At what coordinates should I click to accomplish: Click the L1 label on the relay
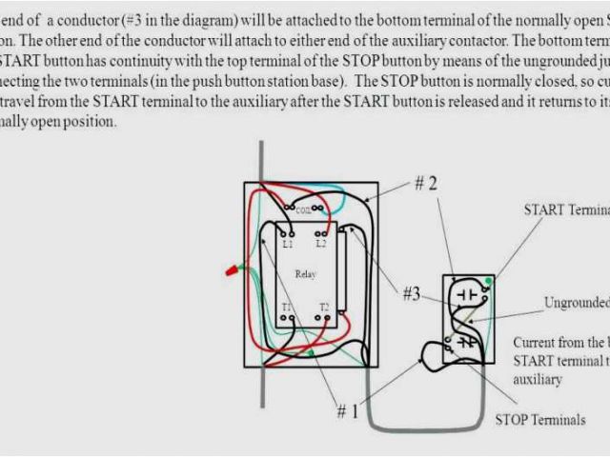pos(288,245)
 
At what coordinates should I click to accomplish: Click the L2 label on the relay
pos(322,245)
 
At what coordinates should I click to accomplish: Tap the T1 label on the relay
pos(287,308)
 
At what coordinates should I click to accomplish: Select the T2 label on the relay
pos(324,308)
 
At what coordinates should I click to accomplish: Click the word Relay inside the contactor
pos(305,274)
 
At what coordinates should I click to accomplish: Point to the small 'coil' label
pos(304,209)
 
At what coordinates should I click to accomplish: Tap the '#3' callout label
pos(410,294)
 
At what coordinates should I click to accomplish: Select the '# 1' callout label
pos(348,411)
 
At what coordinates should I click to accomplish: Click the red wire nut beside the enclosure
pos(231,272)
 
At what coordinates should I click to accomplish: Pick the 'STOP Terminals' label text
pos(539,420)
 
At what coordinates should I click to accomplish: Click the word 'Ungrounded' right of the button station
pos(576,303)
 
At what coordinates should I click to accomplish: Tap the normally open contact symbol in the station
pos(466,295)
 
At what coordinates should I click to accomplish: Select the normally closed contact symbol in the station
pos(466,340)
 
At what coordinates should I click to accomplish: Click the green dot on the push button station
pos(488,280)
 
